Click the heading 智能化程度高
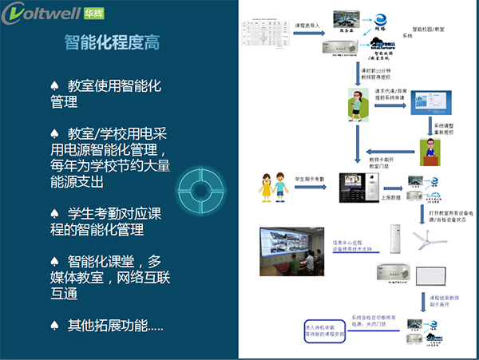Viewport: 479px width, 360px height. click(112, 43)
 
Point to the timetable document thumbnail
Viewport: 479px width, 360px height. click(268, 37)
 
